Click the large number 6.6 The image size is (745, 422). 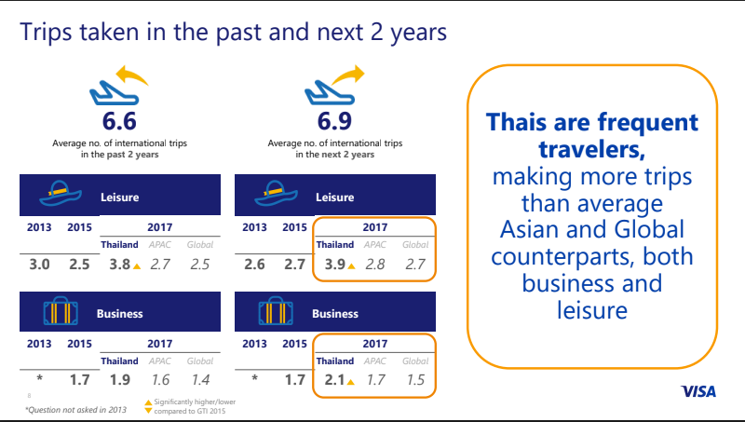click(119, 121)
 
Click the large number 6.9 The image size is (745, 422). click(334, 121)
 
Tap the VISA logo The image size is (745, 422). click(698, 391)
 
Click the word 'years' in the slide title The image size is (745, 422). click(418, 33)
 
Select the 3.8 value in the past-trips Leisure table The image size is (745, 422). click(120, 265)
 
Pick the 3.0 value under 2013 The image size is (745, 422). click(39, 265)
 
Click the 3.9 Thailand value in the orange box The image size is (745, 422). click(335, 265)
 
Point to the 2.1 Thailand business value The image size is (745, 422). click(334, 380)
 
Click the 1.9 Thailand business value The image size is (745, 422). click(120, 380)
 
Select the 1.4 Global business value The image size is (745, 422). click(200, 380)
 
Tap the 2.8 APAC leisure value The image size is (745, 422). click(375, 265)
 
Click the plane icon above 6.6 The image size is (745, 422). click(114, 93)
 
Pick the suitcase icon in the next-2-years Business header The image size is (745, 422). click(276, 311)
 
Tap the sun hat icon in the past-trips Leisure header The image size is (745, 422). click(61, 194)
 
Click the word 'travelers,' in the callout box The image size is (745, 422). click(591, 149)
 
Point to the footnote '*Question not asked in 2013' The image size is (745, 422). click(76, 410)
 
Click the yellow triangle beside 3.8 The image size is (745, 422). click(137, 266)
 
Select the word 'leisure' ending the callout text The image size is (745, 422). click(592, 310)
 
